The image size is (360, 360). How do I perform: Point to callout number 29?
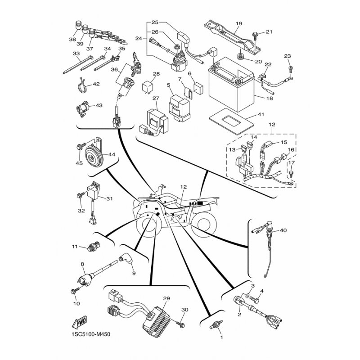coord(166,298)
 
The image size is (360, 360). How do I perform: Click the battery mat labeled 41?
coord(231,121)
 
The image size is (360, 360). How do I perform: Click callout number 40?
coord(283,230)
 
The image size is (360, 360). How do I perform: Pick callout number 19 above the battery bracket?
coord(239,23)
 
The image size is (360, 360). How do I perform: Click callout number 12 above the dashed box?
coord(272,125)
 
